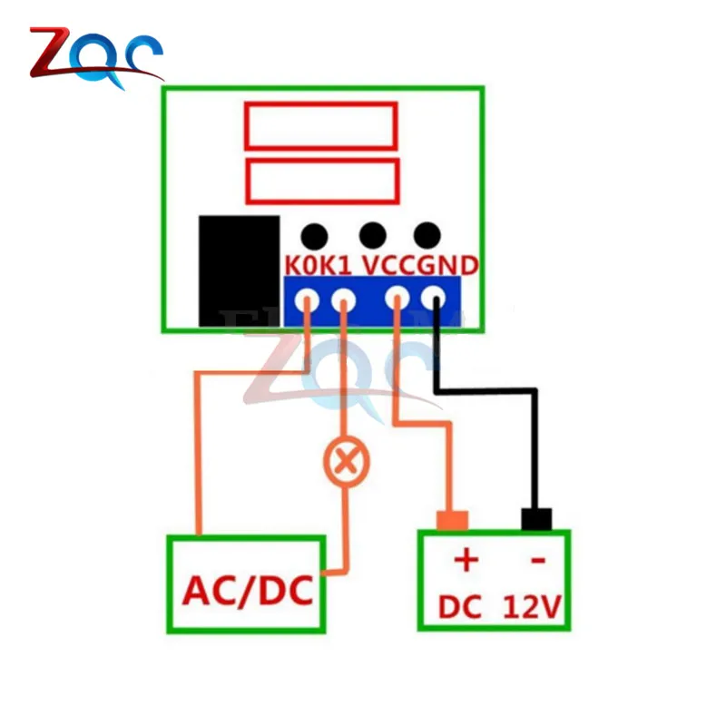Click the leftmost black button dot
click(x=314, y=236)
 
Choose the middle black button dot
click(x=372, y=235)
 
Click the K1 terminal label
click(x=338, y=266)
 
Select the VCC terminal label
click(x=389, y=266)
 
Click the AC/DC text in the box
click(x=247, y=592)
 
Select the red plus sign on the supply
click(x=465, y=560)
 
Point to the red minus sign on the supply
click(x=537, y=561)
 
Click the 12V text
click(x=535, y=605)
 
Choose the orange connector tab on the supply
click(x=451, y=520)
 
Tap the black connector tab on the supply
click(x=536, y=519)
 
